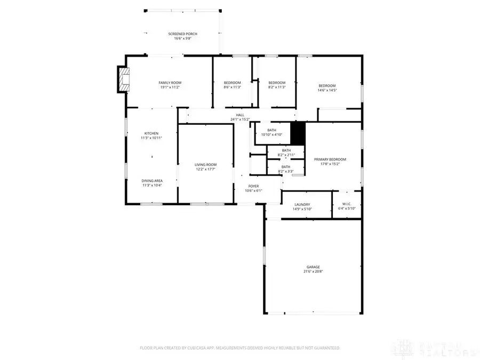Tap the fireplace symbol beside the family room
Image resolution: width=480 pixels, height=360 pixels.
tap(124, 79)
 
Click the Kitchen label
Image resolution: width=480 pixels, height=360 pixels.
tap(151, 133)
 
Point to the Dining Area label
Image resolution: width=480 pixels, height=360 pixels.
tap(152, 181)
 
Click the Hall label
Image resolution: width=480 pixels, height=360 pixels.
tap(240, 115)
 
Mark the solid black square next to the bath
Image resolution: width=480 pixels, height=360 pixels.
tap(298, 133)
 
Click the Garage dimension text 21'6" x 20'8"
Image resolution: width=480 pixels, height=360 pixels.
tap(313, 271)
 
